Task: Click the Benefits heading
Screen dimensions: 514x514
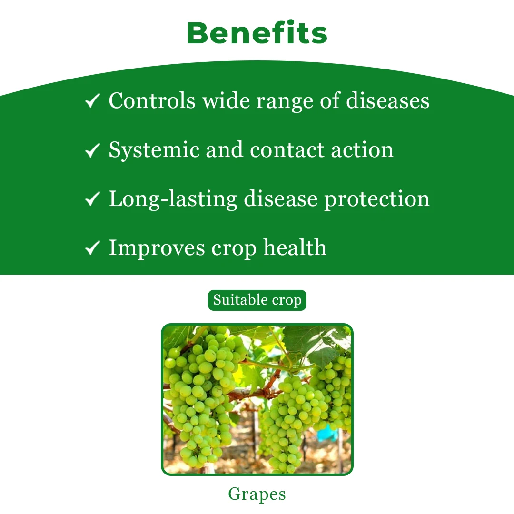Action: coord(257,33)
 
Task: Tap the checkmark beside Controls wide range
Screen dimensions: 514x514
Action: coord(92,100)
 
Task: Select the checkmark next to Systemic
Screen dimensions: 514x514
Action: coord(92,150)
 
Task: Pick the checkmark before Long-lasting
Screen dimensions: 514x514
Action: coord(92,198)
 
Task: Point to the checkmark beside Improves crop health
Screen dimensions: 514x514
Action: coord(92,247)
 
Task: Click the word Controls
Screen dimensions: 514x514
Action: coord(152,100)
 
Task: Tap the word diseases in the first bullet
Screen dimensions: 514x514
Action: coord(388,100)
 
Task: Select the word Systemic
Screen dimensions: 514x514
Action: coord(154,150)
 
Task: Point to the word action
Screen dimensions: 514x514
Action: coord(362,150)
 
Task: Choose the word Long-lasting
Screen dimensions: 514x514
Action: coord(173,199)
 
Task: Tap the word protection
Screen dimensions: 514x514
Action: coord(377,199)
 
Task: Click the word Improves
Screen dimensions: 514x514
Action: coord(157,248)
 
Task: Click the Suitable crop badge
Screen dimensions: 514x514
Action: coord(257,300)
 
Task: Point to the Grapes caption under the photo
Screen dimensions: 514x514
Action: coord(257,494)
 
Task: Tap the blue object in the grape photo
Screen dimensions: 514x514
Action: coord(328,433)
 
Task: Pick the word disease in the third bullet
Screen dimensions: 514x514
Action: coord(281,198)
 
